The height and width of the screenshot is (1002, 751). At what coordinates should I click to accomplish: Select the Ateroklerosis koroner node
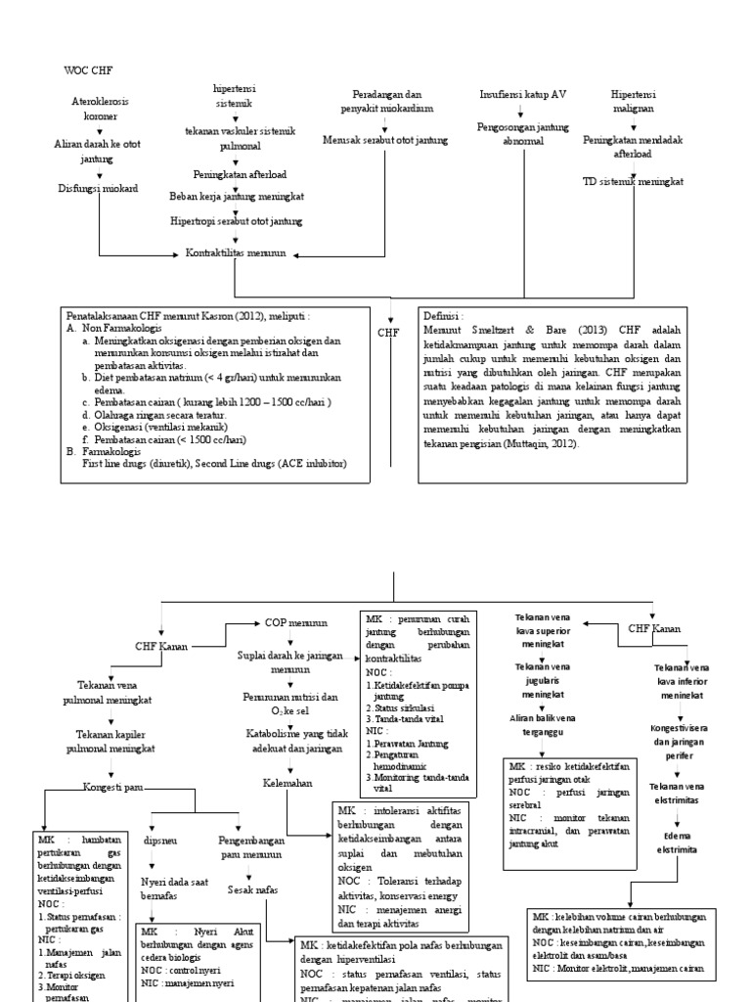pos(99,108)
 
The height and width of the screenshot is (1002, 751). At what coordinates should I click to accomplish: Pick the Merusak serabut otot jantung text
pos(385,140)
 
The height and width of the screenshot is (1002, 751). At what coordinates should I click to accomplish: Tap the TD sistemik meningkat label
pos(633,182)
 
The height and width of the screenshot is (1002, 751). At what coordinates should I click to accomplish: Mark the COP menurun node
pos(296,621)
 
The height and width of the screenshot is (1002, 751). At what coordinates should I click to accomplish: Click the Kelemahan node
pos(287,783)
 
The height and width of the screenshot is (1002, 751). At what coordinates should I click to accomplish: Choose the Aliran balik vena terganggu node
pos(548,724)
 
